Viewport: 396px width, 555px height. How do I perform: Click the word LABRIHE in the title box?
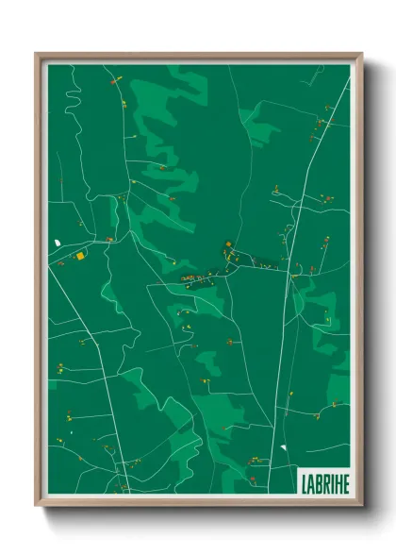click(323, 480)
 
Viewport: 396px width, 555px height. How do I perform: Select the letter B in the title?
click(317, 480)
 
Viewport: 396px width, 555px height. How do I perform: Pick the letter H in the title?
click(337, 480)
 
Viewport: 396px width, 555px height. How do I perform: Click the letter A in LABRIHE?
click(309, 480)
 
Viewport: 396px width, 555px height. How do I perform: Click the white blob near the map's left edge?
click(58, 243)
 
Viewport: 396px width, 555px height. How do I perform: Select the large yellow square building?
click(81, 255)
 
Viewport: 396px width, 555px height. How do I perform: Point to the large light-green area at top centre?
click(170, 104)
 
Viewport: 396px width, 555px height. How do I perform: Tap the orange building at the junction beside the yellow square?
click(109, 240)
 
